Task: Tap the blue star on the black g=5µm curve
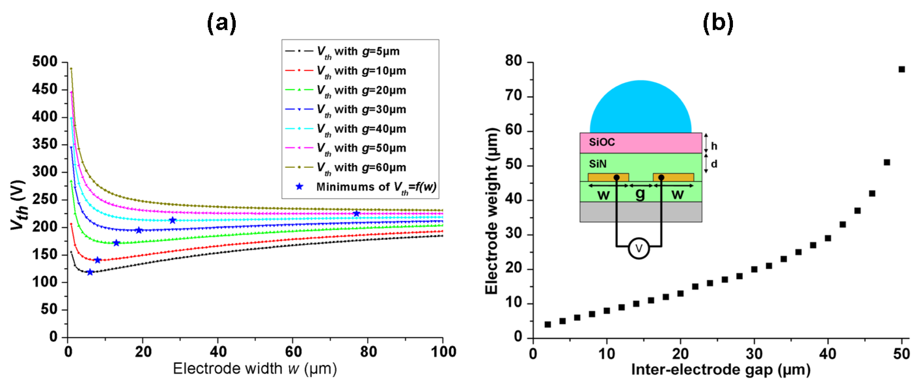(x=90, y=272)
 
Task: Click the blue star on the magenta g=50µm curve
(x=356, y=214)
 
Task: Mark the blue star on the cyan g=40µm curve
(x=172, y=220)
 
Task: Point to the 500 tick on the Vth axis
(x=45, y=62)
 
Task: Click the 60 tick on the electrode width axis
(x=293, y=352)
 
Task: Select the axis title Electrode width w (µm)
(x=255, y=369)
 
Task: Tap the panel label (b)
(x=718, y=23)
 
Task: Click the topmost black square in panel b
(x=901, y=69)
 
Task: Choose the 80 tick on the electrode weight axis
(x=514, y=61)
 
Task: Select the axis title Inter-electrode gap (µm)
(x=721, y=369)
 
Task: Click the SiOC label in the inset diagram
(x=602, y=142)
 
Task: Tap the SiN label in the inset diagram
(x=598, y=164)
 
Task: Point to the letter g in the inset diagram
(x=640, y=194)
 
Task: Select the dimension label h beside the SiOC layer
(x=714, y=146)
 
